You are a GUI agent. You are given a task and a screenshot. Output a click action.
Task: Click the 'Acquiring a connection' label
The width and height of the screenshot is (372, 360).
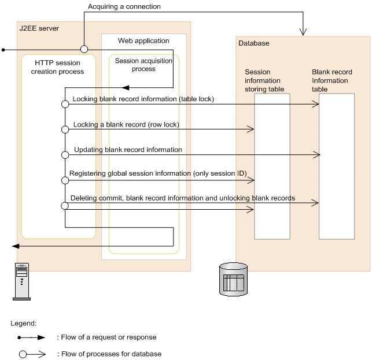(x=124, y=7)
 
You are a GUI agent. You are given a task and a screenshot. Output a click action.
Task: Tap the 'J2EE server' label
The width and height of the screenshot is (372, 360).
(x=39, y=28)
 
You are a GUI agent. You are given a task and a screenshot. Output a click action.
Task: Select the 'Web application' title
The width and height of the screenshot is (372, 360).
(x=143, y=41)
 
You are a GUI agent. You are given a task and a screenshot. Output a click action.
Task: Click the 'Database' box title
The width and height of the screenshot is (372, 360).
(x=253, y=43)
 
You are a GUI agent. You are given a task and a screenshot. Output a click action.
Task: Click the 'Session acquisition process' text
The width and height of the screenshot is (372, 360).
(x=143, y=64)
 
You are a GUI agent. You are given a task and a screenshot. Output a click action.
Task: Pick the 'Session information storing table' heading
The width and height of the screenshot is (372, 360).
(x=263, y=80)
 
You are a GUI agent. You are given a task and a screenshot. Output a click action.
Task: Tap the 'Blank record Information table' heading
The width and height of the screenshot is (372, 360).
(x=330, y=80)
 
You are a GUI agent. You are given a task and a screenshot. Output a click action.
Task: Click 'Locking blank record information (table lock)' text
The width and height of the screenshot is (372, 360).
(x=143, y=99)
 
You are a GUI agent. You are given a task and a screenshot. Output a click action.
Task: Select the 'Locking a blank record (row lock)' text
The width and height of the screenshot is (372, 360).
(x=126, y=125)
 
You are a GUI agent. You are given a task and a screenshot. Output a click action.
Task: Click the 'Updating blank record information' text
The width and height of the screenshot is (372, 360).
(x=128, y=150)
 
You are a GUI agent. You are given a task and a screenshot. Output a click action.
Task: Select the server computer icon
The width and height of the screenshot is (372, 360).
(x=21, y=281)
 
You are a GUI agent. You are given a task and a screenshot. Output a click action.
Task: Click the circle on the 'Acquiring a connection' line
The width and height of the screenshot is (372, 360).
(x=83, y=49)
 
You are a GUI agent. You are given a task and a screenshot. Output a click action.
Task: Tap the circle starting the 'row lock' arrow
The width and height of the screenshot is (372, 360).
(x=65, y=129)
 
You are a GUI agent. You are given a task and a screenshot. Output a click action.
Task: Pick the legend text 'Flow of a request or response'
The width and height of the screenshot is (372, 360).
(x=106, y=337)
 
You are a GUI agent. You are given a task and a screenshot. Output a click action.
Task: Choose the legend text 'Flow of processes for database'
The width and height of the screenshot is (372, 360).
(x=109, y=354)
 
